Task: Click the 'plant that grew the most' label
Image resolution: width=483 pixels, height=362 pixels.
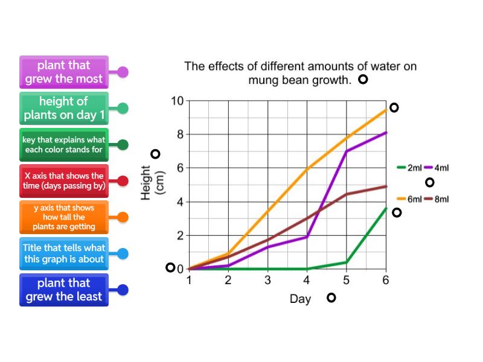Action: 64,72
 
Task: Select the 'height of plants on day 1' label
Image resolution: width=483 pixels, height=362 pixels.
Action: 64,108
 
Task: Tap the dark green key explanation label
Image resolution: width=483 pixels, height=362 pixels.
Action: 64,144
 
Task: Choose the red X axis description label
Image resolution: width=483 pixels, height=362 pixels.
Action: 64,181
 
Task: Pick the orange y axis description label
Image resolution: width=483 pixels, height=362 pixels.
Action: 64,217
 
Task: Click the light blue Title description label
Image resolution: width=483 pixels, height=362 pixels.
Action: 64,253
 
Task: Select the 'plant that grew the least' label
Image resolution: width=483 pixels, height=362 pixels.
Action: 64,290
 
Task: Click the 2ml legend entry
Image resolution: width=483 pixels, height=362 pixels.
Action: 410,168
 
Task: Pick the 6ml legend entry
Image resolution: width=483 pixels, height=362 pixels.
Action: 410,199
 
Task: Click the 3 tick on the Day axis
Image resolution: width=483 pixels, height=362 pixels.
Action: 267,280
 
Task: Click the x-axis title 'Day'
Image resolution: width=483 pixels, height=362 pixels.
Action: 300,299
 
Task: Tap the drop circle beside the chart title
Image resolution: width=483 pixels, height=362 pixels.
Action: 363,80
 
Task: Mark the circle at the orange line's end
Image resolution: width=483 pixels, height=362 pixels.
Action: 394,107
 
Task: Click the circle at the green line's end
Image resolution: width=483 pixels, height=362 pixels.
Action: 397,212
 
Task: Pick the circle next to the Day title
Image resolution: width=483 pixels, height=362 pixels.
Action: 331,297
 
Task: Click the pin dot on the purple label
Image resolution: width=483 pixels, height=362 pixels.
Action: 123,72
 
